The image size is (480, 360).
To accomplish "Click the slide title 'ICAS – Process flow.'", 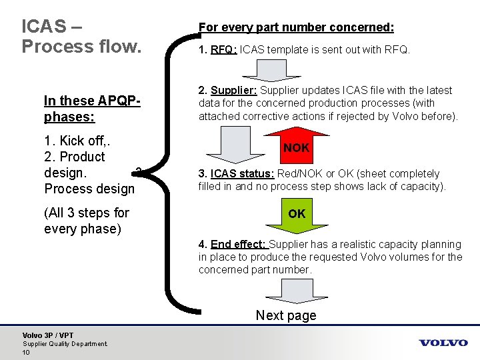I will pyautogui.click(x=81, y=37).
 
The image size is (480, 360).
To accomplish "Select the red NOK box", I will pyautogui.click(x=297, y=147).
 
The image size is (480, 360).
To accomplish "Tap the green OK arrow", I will pyautogui.click(x=297, y=214).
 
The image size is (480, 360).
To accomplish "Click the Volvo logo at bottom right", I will pyautogui.click(x=443, y=343).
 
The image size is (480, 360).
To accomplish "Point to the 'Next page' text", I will pyautogui.click(x=286, y=315).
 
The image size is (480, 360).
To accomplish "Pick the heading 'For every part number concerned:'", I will pyautogui.click(x=296, y=27).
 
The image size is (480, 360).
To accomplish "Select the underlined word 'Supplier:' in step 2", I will pyautogui.click(x=233, y=90).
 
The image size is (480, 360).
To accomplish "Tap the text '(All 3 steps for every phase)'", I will pyautogui.click(x=87, y=221).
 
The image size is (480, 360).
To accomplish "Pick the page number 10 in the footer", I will pyautogui.click(x=27, y=351).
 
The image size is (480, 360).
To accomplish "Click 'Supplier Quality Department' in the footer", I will pyautogui.click(x=65, y=343).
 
